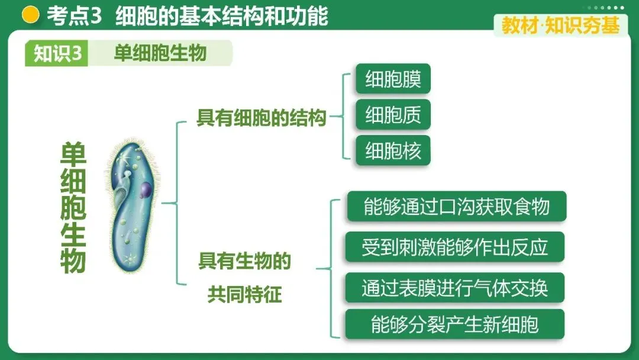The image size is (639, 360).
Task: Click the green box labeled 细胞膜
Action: coord(393,79)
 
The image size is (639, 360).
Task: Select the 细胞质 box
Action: coord(393,115)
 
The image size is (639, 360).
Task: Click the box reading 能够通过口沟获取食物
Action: coord(456,206)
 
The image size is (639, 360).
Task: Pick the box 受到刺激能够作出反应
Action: coord(454,247)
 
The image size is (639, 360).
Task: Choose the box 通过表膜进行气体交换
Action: coord(454,288)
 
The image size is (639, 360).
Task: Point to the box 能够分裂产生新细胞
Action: coord(454,324)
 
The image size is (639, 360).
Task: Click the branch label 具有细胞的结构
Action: coord(261,118)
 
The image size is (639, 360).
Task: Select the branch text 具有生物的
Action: coord(244,261)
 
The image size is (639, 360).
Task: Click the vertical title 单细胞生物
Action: coord(73,207)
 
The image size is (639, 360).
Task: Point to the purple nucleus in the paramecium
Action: coord(146,190)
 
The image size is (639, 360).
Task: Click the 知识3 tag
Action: coord(57,53)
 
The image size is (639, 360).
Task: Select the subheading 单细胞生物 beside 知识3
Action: coord(160,53)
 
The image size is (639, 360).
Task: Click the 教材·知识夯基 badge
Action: coord(560,25)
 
